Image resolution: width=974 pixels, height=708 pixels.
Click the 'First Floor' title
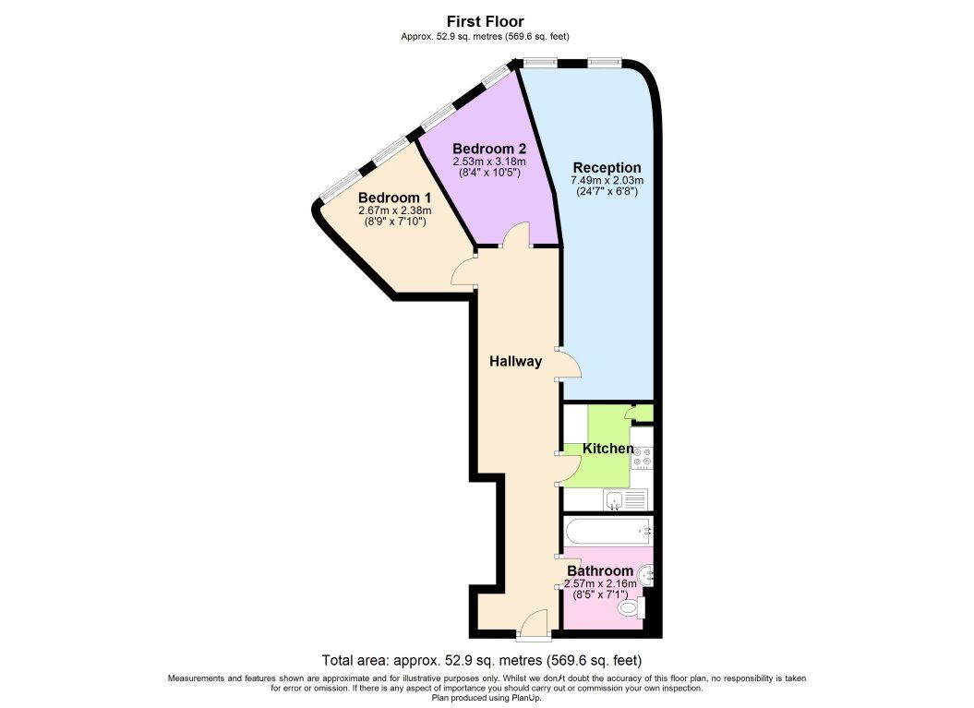(x=485, y=21)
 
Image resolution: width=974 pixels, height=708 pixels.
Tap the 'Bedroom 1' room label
(x=394, y=198)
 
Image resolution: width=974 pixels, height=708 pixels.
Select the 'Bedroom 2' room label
(x=488, y=149)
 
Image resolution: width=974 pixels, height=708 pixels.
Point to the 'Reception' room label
(x=607, y=167)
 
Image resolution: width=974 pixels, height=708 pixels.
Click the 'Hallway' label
(x=515, y=362)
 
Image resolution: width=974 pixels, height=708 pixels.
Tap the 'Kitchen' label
(x=607, y=450)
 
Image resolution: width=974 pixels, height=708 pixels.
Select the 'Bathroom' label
(x=599, y=571)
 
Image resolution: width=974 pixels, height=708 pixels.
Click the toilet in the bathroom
(x=631, y=608)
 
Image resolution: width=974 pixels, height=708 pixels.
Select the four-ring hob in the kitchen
(x=642, y=460)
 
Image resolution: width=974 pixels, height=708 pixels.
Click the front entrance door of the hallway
(x=533, y=628)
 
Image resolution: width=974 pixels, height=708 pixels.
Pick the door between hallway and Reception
(x=571, y=365)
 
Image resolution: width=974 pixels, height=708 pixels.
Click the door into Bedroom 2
(x=516, y=236)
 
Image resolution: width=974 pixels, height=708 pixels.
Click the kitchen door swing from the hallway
(x=571, y=469)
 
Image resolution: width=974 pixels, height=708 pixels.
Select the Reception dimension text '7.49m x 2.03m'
(x=607, y=180)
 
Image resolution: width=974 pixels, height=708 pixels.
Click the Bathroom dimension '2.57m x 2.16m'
(x=599, y=583)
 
